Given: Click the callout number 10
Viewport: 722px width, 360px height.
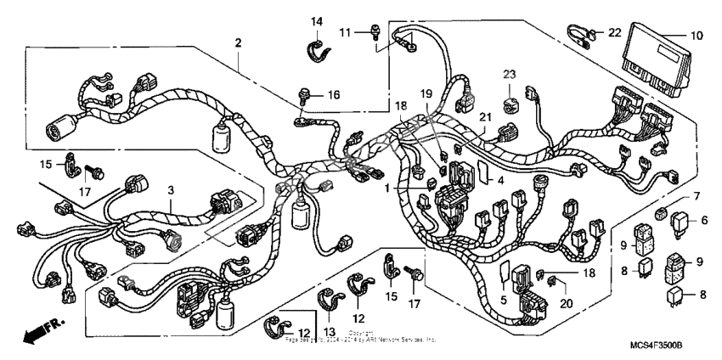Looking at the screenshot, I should coord(696,36).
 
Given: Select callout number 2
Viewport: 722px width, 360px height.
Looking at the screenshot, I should coord(239,42).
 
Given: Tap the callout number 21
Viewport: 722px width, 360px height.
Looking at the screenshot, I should coord(485,116).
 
